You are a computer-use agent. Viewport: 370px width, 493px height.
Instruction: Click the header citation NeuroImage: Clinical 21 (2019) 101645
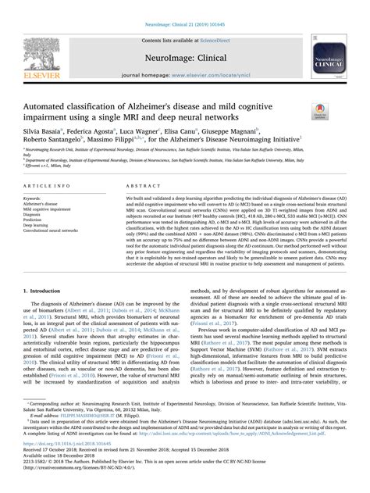185,6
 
